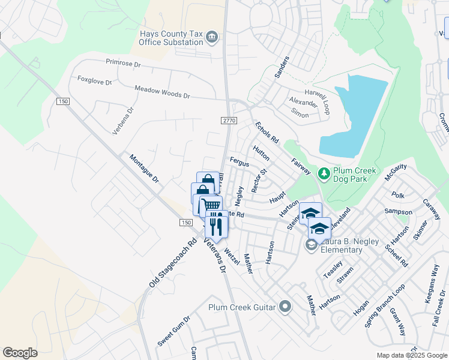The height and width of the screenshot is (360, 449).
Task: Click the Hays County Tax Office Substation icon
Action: click(211, 38)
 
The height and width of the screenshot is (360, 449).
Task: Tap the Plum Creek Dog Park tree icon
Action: click(324, 174)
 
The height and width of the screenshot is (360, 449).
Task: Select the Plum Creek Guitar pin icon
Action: click(285, 307)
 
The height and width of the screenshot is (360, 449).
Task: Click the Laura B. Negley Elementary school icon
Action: click(311, 244)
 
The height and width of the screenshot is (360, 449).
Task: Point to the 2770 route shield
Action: click(229, 121)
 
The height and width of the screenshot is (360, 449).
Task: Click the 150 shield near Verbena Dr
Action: click(63, 102)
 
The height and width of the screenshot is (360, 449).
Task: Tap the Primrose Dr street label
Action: click(122, 62)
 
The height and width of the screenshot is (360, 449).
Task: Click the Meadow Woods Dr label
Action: click(161, 91)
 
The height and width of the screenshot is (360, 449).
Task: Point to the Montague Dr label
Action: click(143, 169)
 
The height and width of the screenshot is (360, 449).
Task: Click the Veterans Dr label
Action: click(214, 256)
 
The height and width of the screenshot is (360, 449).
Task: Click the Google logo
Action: click(20, 353)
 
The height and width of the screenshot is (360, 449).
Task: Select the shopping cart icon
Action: click(208, 205)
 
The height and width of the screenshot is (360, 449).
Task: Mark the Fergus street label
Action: click(240, 162)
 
